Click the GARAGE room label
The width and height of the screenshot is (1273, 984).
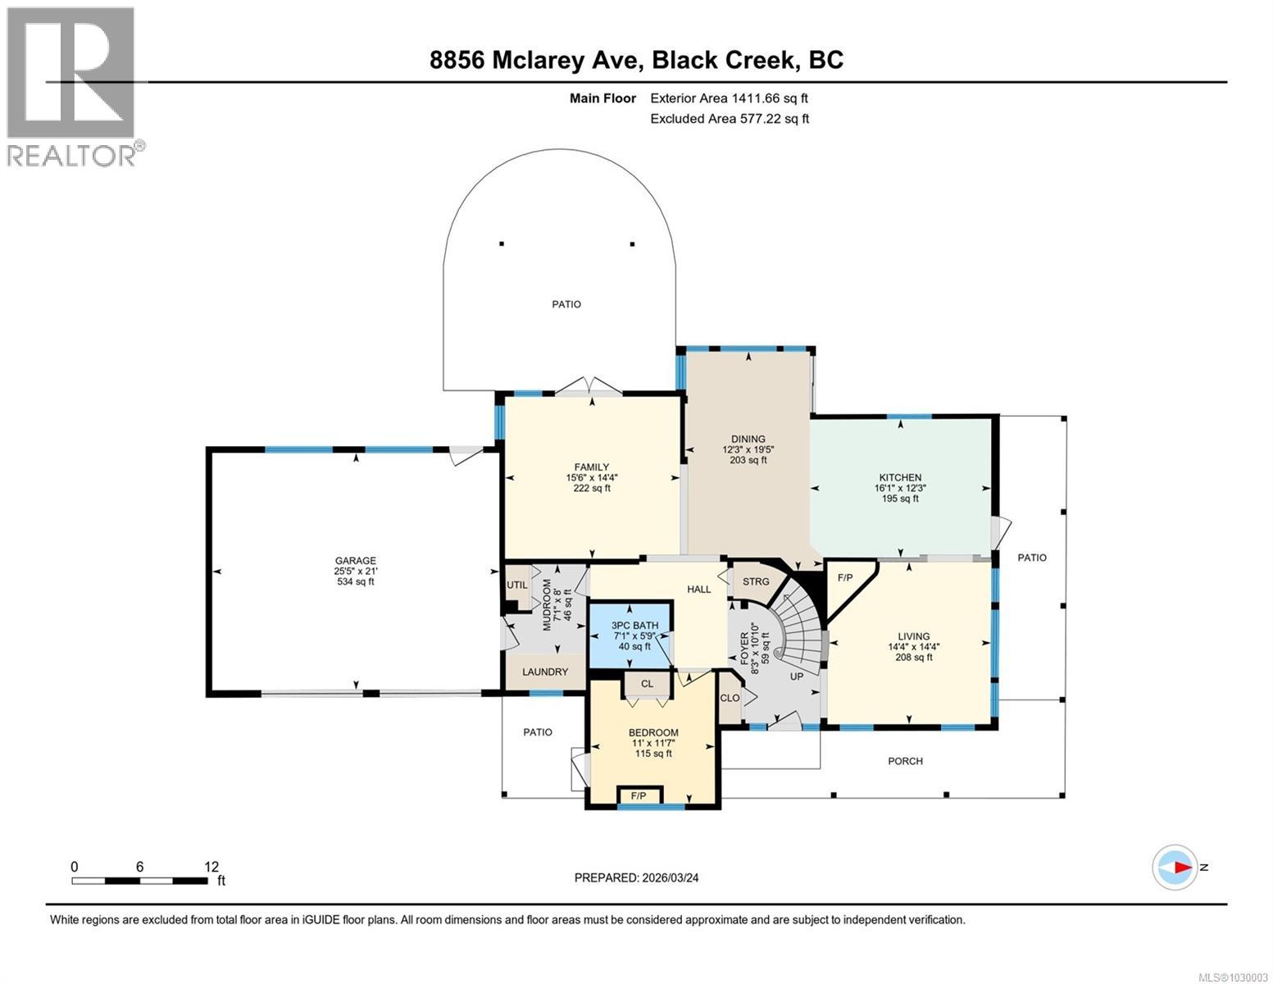point(355,560)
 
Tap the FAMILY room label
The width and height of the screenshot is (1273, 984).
point(591,467)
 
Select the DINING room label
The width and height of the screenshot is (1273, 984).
point(748,439)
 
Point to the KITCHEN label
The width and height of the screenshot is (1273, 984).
point(900,477)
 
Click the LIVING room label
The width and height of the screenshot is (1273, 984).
point(914,636)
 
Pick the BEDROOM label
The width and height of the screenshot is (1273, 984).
point(653,732)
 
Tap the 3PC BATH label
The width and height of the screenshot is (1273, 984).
point(635,626)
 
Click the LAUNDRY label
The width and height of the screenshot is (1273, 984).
point(545,672)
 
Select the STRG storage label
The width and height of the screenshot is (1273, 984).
point(756,582)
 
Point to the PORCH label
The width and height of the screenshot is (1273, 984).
point(905,761)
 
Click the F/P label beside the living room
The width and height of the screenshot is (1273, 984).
point(845,578)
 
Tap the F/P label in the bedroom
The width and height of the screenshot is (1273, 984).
point(639,796)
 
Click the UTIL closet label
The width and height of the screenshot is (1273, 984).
point(517,585)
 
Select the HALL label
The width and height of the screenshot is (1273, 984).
point(699,590)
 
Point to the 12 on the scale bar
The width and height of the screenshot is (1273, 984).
point(211,867)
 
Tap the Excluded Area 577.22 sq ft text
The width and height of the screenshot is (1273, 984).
point(730,119)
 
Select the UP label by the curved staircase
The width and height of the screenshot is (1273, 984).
point(797,676)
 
